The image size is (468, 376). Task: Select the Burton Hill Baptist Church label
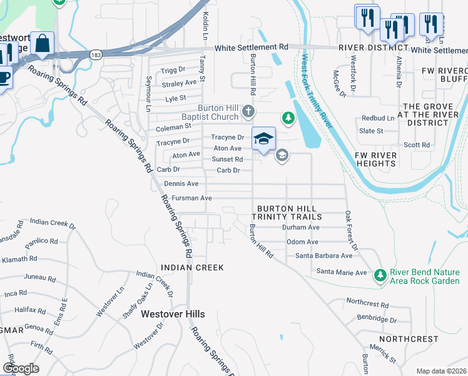(218, 112)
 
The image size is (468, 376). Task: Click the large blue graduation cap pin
(263, 138)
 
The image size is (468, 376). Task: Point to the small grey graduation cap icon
(282, 155)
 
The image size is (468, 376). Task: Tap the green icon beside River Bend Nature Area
(380, 275)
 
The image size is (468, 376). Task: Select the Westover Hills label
(169, 313)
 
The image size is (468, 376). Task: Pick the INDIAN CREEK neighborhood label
(192, 268)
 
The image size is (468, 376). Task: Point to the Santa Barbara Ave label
(324, 256)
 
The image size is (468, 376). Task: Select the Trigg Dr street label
(173, 71)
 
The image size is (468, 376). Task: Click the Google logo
(21, 368)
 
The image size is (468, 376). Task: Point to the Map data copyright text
(442, 371)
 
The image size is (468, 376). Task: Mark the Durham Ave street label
(300, 227)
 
